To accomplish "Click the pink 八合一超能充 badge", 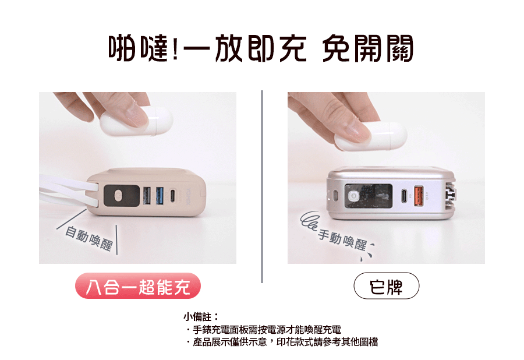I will tap(137, 287).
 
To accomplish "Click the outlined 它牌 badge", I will tap(386, 287).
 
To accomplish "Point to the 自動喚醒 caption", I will tap(88, 238).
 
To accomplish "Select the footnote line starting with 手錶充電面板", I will tap(265, 330).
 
